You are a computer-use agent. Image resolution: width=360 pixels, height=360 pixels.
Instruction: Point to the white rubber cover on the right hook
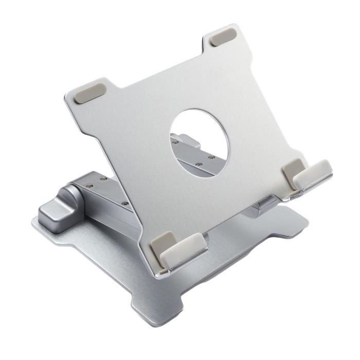coord(312,174)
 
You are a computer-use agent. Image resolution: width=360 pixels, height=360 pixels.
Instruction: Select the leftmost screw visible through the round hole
coord(175,143)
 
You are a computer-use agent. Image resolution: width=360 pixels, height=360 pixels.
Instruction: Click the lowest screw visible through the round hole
coord(199,165)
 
